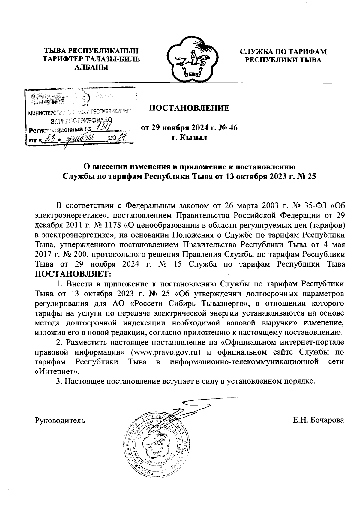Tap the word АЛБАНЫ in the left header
point(91,67)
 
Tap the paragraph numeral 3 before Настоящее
point(58,382)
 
